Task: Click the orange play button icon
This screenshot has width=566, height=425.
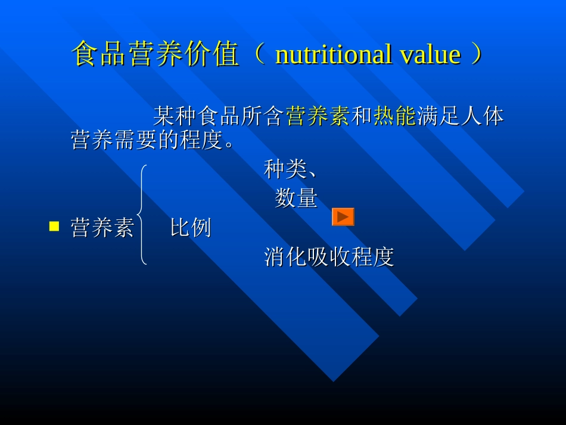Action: (343, 217)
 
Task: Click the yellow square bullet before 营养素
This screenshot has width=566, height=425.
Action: (54, 226)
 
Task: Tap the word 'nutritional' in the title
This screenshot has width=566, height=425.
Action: (333, 54)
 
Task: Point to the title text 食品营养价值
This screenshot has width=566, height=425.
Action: (156, 54)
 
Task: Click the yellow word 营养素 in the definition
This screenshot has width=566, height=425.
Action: (318, 116)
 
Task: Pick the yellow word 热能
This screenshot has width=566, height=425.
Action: (394, 116)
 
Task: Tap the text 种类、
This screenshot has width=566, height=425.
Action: (290, 170)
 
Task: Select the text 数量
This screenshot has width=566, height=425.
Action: (296, 198)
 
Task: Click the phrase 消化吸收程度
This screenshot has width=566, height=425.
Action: (329, 257)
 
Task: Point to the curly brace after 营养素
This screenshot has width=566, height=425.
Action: (142, 215)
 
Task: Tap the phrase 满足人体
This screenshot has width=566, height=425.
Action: (460, 116)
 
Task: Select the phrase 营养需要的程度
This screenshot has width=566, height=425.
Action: (146, 141)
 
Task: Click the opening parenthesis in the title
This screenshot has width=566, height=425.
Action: (258, 54)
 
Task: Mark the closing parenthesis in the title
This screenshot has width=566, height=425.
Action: (477, 54)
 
